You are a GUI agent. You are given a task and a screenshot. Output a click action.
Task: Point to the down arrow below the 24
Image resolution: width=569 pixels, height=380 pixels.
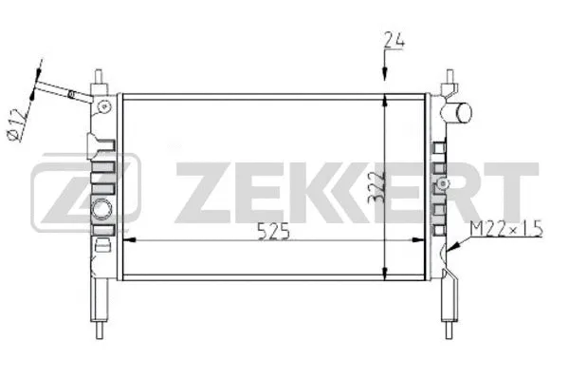click(x=383, y=70)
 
